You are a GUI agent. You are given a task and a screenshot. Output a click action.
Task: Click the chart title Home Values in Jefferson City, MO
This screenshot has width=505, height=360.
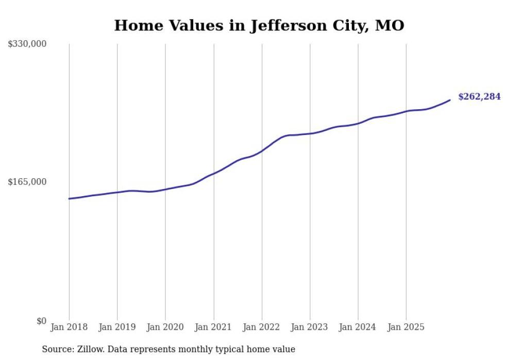pyautogui.click(x=259, y=25)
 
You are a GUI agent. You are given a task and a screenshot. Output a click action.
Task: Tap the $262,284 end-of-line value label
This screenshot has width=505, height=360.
pyautogui.click(x=479, y=96)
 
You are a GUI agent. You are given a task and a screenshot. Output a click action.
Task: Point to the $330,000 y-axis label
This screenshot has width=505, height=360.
pyautogui.click(x=27, y=44)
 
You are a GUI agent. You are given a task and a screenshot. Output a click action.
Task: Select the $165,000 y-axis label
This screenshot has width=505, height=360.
pyautogui.click(x=27, y=182)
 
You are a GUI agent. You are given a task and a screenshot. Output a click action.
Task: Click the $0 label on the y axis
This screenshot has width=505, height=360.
pyautogui.click(x=41, y=321)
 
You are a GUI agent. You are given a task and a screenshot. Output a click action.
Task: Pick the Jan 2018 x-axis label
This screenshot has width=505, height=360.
pyautogui.click(x=69, y=327)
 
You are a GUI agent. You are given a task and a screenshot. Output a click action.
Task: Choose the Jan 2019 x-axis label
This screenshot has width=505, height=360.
pyautogui.click(x=117, y=327)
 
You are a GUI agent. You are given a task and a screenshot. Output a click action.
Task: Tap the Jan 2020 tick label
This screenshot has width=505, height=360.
pyautogui.click(x=165, y=327)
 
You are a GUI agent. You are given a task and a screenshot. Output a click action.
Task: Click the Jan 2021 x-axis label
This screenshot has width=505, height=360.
pyautogui.click(x=213, y=327)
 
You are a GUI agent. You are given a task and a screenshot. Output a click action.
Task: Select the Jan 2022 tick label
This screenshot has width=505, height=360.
pyautogui.click(x=262, y=327)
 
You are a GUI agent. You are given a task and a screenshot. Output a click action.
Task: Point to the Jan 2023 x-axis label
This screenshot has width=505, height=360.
pyautogui.click(x=310, y=327)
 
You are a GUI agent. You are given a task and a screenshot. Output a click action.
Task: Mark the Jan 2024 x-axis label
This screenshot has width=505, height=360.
pyautogui.click(x=358, y=327)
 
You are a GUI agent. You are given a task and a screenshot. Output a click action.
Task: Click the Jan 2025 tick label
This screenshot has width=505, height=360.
pyautogui.click(x=406, y=327)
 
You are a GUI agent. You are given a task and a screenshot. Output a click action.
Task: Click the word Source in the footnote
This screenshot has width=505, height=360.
pyautogui.click(x=56, y=349)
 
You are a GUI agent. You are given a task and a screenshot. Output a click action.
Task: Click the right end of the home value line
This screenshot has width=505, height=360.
pyautogui.click(x=450, y=100)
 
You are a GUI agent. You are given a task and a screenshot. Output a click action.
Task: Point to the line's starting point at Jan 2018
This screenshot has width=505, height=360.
pyautogui.click(x=69, y=198)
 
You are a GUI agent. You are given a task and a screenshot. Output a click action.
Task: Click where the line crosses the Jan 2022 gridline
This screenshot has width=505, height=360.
pyautogui.click(x=262, y=151)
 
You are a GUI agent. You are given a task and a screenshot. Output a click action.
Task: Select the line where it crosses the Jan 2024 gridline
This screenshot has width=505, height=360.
pyautogui.click(x=358, y=124)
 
